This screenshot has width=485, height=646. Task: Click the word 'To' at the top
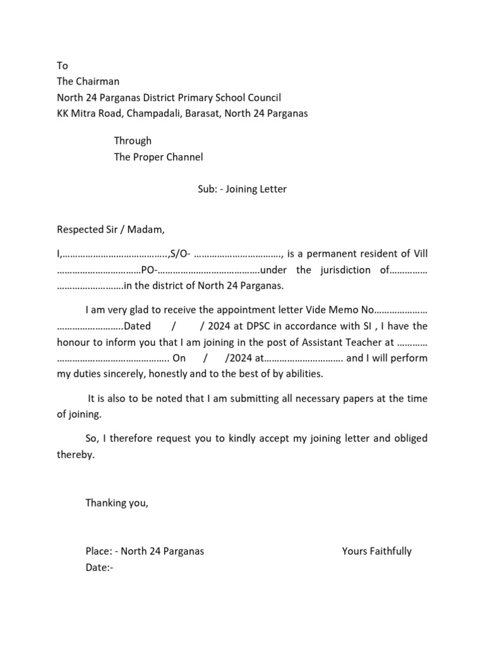coord(62,66)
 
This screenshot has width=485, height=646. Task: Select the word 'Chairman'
coord(97,81)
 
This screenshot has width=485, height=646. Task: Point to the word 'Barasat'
coord(203,114)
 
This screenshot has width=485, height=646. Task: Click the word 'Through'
coord(133,141)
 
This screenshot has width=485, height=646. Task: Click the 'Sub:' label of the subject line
coord(207,189)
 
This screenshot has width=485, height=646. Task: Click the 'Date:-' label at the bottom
coord(99,567)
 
